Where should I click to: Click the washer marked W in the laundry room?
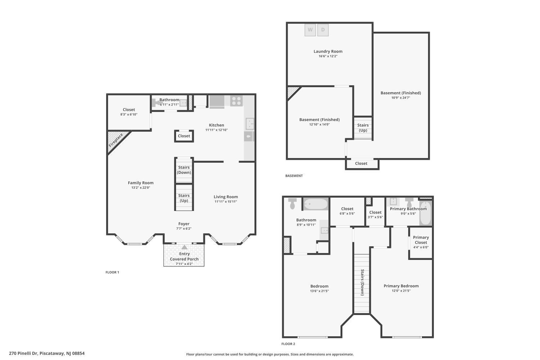pyautogui.click(x=310, y=30)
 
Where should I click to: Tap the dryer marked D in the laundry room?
pyautogui.click(x=323, y=30)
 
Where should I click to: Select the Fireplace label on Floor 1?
pyautogui.click(x=116, y=140)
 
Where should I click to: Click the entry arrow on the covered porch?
pyautogui.click(x=184, y=247)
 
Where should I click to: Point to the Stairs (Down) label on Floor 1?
pyautogui.click(x=184, y=170)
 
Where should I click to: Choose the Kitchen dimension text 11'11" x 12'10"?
pyautogui.click(x=216, y=130)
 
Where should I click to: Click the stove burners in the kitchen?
pyautogui.click(x=236, y=101)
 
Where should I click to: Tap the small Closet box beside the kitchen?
pyautogui.click(x=184, y=136)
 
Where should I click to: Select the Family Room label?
pyautogui.click(x=140, y=183)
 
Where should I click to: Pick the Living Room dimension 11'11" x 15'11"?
pyautogui.click(x=226, y=202)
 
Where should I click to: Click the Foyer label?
pyautogui.click(x=184, y=224)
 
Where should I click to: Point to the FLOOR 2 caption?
pyautogui.click(x=288, y=344)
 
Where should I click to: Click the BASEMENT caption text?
pyautogui.click(x=294, y=176)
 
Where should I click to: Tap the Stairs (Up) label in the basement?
pyautogui.click(x=363, y=127)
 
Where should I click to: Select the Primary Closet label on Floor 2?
pyautogui.click(x=421, y=240)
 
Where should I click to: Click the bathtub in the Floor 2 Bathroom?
pyautogui.click(x=316, y=204)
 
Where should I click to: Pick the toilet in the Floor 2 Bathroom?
pyautogui.click(x=292, y=203)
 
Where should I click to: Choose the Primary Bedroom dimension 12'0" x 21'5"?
pyautogui.click(x=401, y=291)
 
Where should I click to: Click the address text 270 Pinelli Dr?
pyautogui.click(x=23, y=353)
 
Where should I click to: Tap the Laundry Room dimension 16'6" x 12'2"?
pyautogui.click(x=328, y=56)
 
